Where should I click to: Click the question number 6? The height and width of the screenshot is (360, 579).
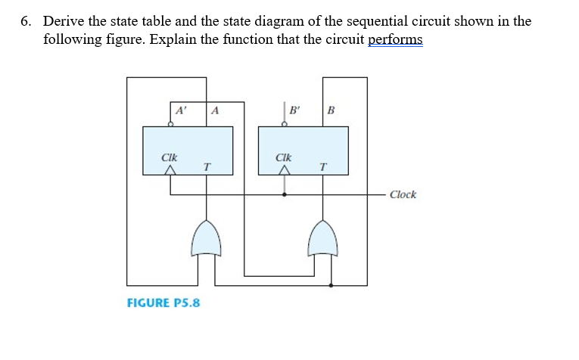[25, 21]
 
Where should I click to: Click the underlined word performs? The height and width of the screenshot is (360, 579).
[395, 39]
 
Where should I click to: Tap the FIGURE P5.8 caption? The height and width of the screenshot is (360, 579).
[163, 303]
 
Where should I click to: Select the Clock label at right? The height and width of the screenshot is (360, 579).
[403, 194]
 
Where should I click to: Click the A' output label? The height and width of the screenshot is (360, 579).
[181, 110]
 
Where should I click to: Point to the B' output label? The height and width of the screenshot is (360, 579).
[294, 110]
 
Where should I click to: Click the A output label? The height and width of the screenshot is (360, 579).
[216, 110]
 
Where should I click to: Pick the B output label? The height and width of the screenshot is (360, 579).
[331, 110]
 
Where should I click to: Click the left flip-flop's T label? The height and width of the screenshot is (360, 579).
[207, 166]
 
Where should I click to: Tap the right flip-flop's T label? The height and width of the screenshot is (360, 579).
[323, 166]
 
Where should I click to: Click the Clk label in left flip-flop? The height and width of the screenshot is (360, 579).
[170, 157]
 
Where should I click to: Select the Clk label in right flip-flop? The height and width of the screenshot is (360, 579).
[284, 157]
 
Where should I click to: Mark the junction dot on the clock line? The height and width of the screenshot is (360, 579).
[285, 194]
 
